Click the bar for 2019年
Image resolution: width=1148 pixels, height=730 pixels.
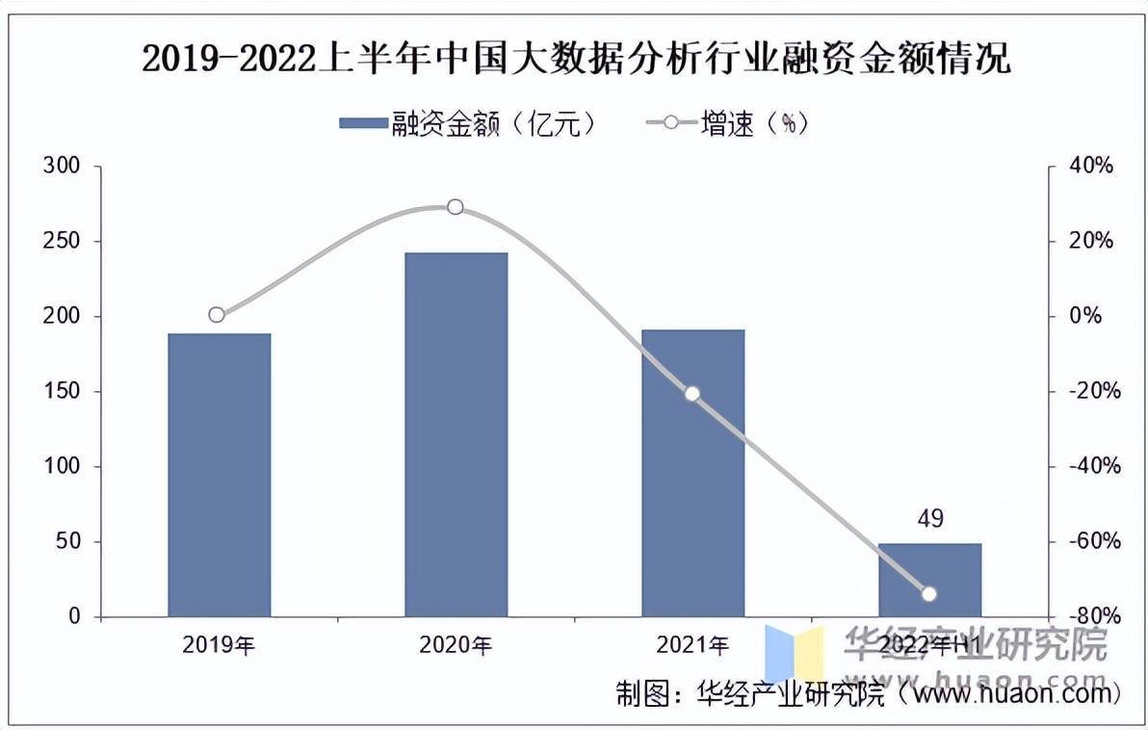tap(219, 475)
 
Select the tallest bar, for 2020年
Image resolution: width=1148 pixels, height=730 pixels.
tap(456, 434)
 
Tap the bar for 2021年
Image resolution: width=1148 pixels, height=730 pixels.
tap(692, 473)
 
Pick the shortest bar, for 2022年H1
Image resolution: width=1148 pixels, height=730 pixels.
tap(929, 580)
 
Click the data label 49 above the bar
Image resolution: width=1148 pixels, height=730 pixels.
tap(929, 520)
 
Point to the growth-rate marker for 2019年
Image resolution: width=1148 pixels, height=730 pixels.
tap(217, 315)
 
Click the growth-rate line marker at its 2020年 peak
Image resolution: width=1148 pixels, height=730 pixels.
tap(456, 207)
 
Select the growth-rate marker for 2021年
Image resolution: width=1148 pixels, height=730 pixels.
tap(691, 393)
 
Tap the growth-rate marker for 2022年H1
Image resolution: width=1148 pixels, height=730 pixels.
tap(929, 594)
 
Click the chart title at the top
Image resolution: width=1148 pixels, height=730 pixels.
tap(576, 60)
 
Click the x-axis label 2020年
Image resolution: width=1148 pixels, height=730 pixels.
tap(456, 645)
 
